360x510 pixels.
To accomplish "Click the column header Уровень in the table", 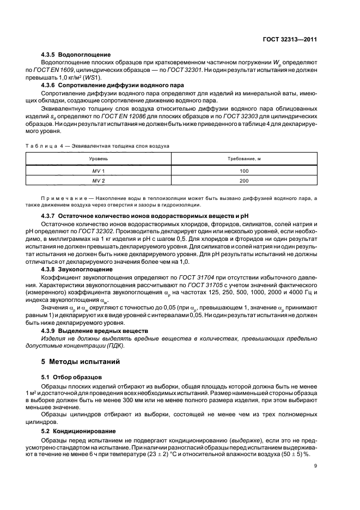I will pyautogui.click(x=99, y=158).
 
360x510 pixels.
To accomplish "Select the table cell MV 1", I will pyautogui.click(x=99, y=171).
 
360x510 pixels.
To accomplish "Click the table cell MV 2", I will pyautogui.click(x=99, y=180).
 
